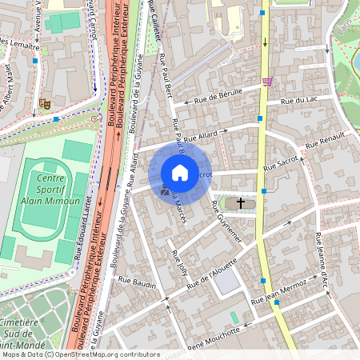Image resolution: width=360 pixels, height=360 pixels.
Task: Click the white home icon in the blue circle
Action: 180,173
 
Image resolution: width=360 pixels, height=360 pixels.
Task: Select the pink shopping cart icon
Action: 266,81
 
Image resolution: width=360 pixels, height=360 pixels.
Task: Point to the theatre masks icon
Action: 45,103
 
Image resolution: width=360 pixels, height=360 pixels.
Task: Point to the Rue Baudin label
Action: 136,281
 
